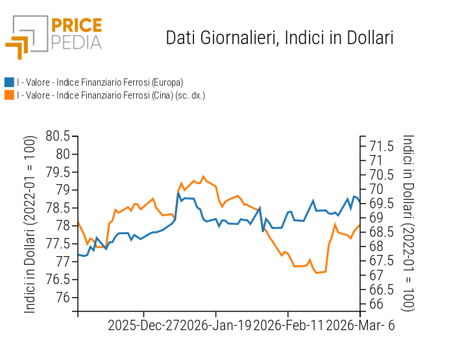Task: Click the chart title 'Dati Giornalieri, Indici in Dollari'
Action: coord(280,38)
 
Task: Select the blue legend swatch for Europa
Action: coord(9,82)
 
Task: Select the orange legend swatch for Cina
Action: coord(9,95)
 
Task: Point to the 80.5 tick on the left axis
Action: coord(58,136)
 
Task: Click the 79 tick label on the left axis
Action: coord(63,190)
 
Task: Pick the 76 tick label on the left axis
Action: coord(63,297)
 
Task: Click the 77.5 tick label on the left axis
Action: coord(58,243)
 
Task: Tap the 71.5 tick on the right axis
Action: coord(382,146)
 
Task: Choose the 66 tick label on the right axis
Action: coord(376,304)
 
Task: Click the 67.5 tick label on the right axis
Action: coord(382,261)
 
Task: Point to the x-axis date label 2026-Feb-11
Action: coord(287,326)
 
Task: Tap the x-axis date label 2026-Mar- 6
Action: coord(359,326)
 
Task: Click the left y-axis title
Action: coord(30,224)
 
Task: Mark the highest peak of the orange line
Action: coord(204,176)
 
